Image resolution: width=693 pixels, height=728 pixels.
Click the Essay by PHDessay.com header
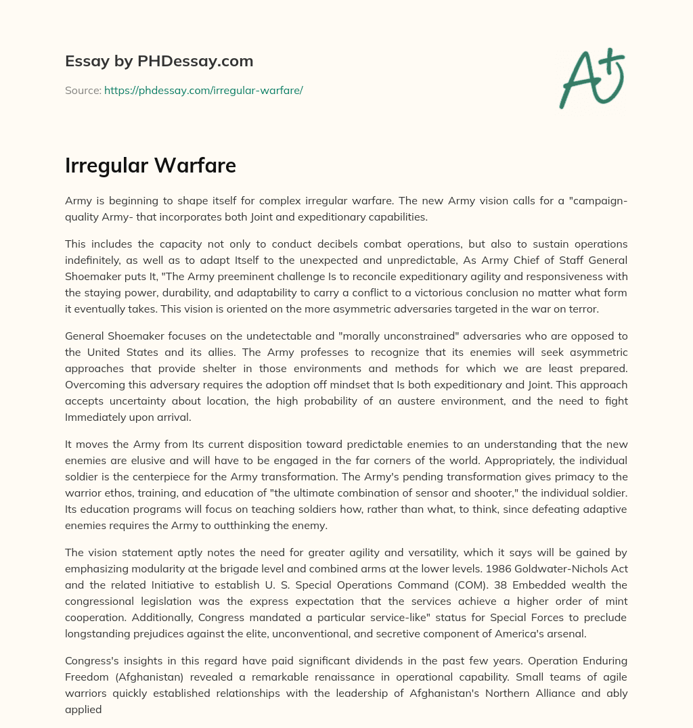tap(159, 62)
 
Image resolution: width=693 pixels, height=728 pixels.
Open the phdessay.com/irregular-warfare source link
tap(203, 90)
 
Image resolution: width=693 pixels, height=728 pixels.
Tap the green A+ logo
tap(591, 78)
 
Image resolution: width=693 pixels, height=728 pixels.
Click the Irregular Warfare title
tap(150, 166)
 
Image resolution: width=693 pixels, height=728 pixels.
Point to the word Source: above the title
tap(83, 90)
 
